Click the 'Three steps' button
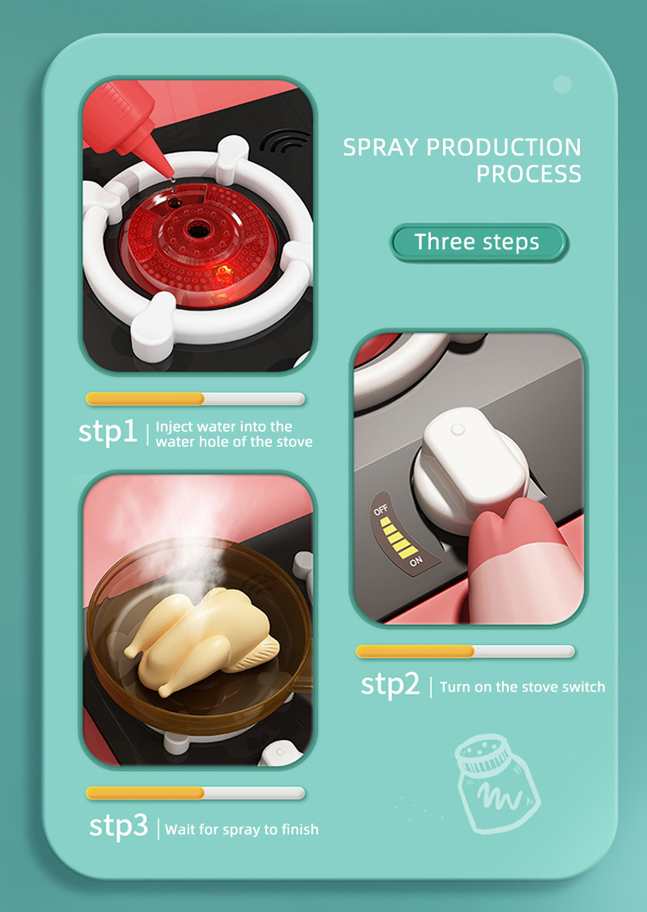point(478,242)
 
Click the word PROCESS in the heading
point(528,174)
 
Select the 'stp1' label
point(107,432)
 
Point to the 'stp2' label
point(390,684)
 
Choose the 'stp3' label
point(119,826)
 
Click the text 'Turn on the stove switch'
point(522,687)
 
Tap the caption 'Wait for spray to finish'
point(242,829)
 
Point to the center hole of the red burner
point(197,231)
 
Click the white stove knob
point(471,470)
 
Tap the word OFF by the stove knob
point(381,510)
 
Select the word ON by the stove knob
point(416,561)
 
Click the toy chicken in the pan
point(201,640)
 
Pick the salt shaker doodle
point(498,783)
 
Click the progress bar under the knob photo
point(465,651)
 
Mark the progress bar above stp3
point(195,792)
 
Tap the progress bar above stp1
point(195,398)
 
